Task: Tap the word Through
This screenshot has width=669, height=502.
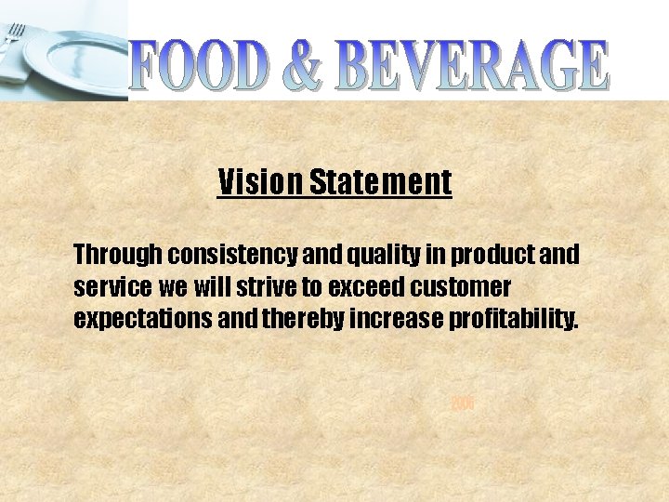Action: (118, 254)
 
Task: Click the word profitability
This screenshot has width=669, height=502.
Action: (514, 321)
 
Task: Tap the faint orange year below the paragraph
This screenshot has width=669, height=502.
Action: (463, 403)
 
